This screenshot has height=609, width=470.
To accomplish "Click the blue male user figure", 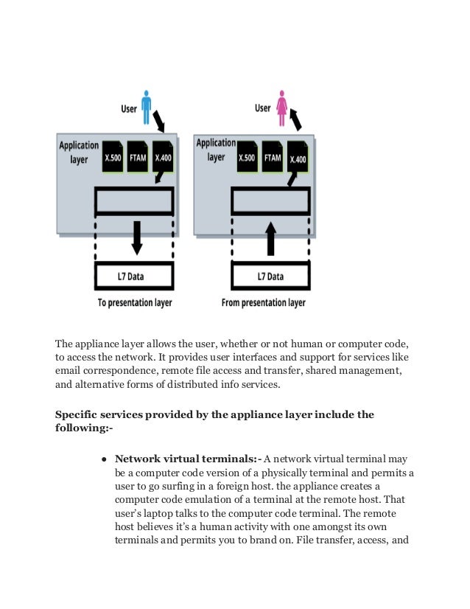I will tap(146, 107).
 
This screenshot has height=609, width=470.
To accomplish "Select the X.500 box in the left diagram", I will tap(113, 157).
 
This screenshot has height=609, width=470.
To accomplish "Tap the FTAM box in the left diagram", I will tap(138, 157).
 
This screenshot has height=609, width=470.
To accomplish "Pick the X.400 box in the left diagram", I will tap(163, 157).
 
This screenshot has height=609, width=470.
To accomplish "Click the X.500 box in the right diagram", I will tap(248, 157).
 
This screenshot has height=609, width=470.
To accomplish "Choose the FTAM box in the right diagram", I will tap(273, 157).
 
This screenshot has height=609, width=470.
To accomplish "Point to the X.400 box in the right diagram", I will tap(298, 157).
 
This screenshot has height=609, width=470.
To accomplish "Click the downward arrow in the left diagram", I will tap(135, 235).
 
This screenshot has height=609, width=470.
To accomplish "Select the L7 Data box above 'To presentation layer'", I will tap(135, 276).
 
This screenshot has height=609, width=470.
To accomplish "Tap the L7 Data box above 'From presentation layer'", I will tap(270, 276).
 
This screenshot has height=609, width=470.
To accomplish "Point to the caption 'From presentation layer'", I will tap(263, 303).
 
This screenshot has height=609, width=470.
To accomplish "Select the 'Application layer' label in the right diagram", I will tap(215, 150).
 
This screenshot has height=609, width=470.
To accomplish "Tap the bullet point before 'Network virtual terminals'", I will tap(105, 459).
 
